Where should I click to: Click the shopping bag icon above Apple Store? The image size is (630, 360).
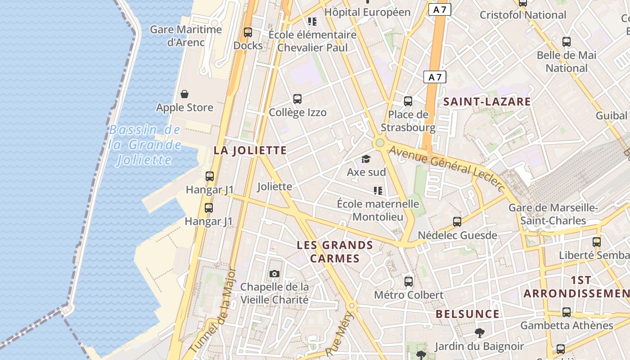pos(184,94)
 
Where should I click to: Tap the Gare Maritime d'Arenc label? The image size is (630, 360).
pos(186,36)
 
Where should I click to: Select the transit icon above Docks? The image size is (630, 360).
pos(248,32)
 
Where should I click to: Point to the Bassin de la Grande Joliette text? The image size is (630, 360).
pos(144,145)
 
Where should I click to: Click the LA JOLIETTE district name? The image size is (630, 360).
pos(250,150)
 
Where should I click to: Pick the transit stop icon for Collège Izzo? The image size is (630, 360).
pos(297,99)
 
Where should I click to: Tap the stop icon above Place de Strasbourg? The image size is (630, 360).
pos(408,101)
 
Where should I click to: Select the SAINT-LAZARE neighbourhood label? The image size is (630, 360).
pos(487,102)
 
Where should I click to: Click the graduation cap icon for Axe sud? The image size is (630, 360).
pos(366,159)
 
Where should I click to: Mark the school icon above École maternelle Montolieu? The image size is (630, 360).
pos(378,191)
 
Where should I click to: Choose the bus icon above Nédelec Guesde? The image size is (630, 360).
pos(457,222)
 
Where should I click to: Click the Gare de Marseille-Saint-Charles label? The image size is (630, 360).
pos(553,214)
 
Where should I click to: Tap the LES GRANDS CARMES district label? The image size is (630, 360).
pos(335,252)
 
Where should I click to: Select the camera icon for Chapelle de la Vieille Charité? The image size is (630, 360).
pos(274,274)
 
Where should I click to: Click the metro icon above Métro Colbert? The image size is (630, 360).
pos(409,282)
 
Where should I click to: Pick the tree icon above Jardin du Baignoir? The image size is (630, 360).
pos(479,333)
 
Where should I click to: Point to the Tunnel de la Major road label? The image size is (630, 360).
pos(213,310)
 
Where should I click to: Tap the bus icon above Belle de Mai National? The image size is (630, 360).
pos(567,42)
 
